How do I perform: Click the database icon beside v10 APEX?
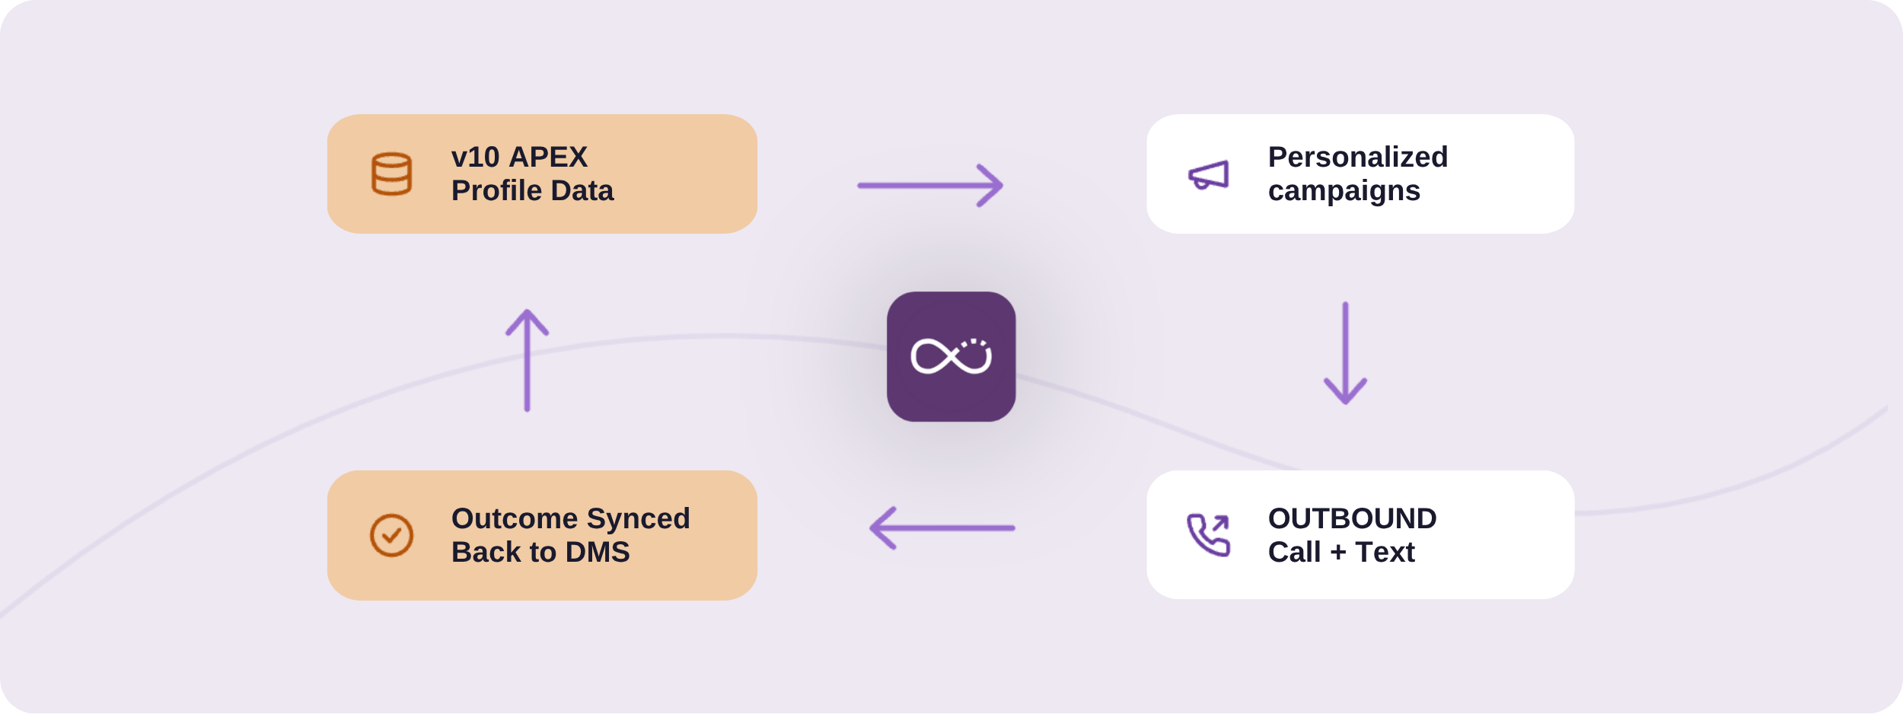[391, 174]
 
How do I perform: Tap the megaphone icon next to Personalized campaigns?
[1208, 175]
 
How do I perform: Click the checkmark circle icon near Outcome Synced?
[391, 535]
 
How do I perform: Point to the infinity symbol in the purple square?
[951, 356]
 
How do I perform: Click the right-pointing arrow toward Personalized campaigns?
[930, 185]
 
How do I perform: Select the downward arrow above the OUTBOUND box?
[1345, 352]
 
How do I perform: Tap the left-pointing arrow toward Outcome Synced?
[942, 528]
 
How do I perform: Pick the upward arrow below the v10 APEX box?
[527, 360]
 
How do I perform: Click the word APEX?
[548, 158]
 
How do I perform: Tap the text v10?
[476, 158]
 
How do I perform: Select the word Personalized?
[1358, 158]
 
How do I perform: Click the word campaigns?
[1344, 191]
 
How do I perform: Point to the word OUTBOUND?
[1353, 518]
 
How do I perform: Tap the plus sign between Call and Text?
[1338, 553]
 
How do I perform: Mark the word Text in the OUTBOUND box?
[1385, 552]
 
